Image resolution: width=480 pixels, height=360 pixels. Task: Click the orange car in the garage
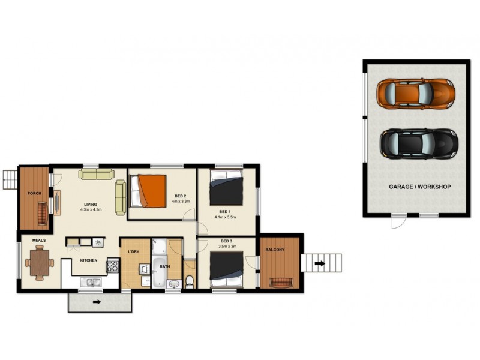click(415, 92)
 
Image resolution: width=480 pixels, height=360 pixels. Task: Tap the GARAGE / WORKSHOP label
click(419, 187)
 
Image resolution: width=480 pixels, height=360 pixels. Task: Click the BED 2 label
click(181, 196)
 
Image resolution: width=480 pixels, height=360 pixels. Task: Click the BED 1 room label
click(225, 211)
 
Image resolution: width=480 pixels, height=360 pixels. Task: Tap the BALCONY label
click(275, 250)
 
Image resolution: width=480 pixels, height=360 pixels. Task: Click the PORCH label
click(34, 193)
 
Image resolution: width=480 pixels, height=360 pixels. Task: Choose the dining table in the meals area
click(40, 262)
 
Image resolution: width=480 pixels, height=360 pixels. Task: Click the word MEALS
click(31, 240)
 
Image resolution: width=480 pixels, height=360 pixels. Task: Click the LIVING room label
click(91, 203)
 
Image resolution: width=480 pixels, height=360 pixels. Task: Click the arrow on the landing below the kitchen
click(96, 302)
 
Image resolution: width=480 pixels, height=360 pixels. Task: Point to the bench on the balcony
click(280, 283)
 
